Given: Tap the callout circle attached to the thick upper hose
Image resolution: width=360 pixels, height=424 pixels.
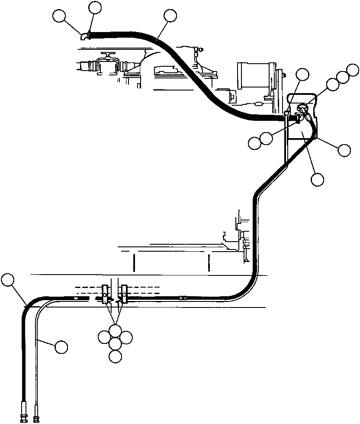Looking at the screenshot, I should click(170, 16).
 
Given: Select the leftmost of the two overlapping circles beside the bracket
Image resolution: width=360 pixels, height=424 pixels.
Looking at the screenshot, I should click(255, 142).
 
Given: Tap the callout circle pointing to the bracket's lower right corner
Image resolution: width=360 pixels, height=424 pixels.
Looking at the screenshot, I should click(344, 150).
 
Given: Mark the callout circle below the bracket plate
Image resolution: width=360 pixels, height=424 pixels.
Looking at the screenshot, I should click(318, 179).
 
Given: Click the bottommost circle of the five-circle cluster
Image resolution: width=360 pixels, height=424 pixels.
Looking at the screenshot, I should click(115, 356).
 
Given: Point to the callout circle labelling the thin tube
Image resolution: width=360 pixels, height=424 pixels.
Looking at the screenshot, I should click(61, 346).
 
